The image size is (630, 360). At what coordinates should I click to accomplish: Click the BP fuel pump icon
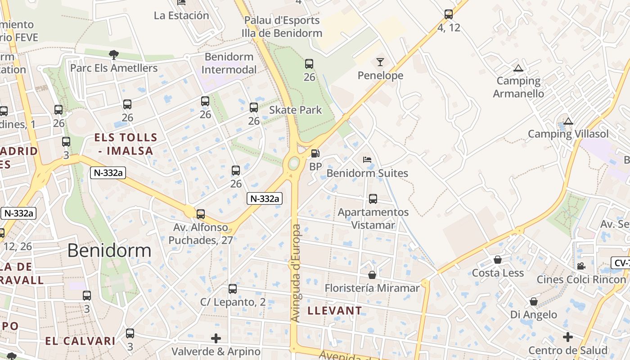tap(315, 154)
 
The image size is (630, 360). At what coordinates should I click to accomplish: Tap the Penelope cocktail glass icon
tap(380, 62)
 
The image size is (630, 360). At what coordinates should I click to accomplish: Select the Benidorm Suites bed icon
tap(367, 160)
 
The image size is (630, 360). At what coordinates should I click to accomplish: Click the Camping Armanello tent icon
tap(518, 68)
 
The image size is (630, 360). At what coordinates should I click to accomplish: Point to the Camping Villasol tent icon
tap(568, 121)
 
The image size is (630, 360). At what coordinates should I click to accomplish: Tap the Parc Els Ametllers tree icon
tap(114, 55)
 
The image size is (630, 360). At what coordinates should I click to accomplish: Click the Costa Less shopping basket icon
tap(498, 260)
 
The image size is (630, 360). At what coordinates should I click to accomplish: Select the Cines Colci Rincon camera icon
tap(581, 266)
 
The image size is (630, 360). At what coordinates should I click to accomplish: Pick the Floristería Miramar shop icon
tap(372, 274)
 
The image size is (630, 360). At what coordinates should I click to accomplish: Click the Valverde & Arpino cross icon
tap(216, 338)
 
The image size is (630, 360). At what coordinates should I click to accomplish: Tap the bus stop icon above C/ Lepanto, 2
tap(233, 289)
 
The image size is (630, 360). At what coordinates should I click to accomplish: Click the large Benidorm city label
tap(109, 251)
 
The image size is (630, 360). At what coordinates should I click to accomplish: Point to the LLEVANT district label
tap(334, 310)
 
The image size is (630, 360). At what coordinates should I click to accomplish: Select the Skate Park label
tap(296, 110)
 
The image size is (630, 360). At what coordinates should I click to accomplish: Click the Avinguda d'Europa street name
tap(296, 273)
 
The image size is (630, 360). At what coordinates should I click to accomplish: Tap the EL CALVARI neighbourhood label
tap(81, 341)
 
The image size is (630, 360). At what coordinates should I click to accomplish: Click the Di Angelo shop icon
tap(534, 301)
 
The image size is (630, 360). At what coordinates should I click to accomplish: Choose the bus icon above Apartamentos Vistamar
tap(373, 198)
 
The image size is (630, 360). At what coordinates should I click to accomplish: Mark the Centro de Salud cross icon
tap(568, 337)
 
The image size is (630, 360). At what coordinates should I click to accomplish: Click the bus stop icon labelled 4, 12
tap(449, 14)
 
